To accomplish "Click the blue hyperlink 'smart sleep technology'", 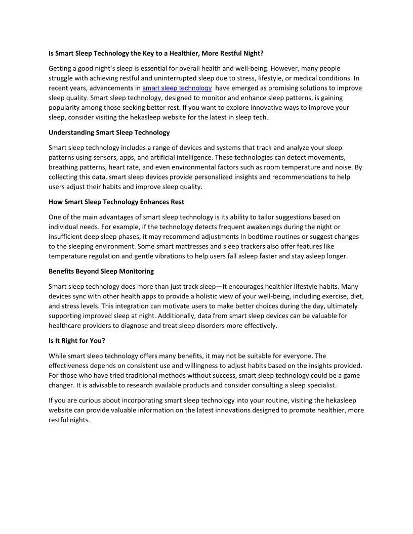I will [x=177, y=88].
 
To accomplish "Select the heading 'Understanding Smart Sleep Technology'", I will [x=109, y=132].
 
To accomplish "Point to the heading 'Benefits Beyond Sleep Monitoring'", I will [x=101, y=272].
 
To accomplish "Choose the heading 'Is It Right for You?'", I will [x=77, y=341].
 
